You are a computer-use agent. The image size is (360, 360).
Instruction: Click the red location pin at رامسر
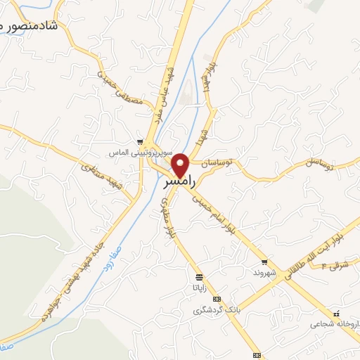click(x=181, y=165)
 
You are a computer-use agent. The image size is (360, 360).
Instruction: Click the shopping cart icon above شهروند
click(x=264, y=262)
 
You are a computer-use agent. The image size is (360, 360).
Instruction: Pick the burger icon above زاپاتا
click(x=200, y=276)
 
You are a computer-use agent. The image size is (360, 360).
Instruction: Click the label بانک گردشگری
click(x=217, y=309)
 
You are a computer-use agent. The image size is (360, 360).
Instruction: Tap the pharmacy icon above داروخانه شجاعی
click(x=337, y=314)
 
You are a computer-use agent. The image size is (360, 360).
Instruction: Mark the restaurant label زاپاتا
click(x=200, y=287)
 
